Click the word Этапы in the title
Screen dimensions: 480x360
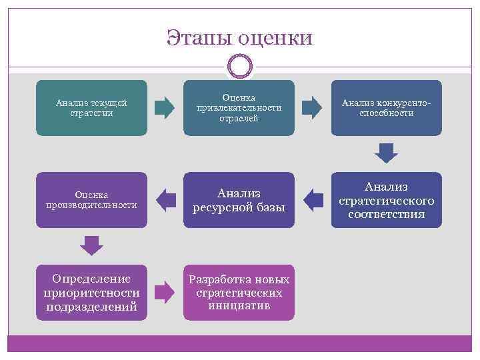coord(200,38)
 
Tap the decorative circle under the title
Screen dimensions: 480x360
coord(240,67)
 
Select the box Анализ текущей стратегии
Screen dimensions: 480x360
coord(91,108)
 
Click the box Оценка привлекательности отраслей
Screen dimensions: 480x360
coord(239,108)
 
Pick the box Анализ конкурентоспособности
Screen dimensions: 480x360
coord(387,108)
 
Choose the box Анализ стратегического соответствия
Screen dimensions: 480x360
coord(387,200)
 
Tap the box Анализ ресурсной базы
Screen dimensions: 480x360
coord(239,200)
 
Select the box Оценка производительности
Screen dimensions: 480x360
coord(91,200)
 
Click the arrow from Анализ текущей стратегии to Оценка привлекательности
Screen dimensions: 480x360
coord(165,108)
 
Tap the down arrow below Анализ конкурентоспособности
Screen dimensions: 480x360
coord(387,153)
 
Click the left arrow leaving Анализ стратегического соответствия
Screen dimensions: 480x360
coord(313,199)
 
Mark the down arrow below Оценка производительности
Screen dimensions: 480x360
coord(91,245)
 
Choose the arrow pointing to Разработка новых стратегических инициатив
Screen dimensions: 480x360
coord(165,292)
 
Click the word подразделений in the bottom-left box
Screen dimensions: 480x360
coord(91,307)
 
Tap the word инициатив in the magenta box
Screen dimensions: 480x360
coord(239,306)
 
